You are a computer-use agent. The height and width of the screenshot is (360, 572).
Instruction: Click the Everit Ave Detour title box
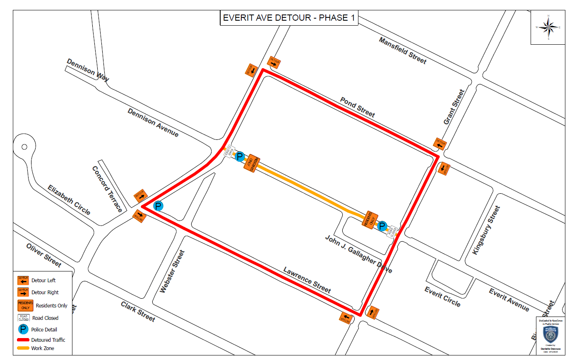(288, 18)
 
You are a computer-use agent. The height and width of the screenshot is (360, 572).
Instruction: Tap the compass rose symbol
(548, 28)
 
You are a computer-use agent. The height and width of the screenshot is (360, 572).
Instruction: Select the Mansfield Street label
(402, 50)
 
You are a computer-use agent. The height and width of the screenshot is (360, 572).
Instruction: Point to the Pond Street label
(357, 107)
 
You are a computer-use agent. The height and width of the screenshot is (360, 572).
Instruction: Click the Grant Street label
(454, 107)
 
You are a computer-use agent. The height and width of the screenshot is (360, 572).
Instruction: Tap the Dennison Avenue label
(153, 123)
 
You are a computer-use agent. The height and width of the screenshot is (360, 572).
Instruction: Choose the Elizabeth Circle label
(69, 200)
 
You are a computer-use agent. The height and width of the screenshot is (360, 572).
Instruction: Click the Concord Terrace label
(107, 189)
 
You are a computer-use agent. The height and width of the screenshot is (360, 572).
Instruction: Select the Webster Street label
(172, 271)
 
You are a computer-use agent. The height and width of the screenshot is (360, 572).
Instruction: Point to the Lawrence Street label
(307, 280)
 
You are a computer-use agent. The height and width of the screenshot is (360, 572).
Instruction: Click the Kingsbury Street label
(486, 230)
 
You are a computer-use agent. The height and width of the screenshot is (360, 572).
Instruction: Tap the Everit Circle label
(442, 297)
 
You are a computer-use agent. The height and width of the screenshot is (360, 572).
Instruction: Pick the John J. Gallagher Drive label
(358, 254)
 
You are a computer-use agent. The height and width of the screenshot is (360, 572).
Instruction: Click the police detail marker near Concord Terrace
(158, 206)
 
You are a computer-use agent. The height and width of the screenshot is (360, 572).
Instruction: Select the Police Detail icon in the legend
(23, 329)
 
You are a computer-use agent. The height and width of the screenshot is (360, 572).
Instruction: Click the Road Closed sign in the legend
(24, 318)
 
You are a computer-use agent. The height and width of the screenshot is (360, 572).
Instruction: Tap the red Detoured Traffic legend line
(23, 340)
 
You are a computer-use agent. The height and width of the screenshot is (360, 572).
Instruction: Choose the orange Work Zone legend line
(23, 348)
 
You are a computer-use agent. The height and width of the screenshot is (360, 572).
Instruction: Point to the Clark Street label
(138, 312)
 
